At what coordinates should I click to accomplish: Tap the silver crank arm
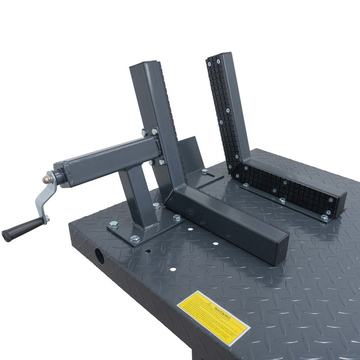point(45,198)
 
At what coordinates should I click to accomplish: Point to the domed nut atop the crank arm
point(47,178)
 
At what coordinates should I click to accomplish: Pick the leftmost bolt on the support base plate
point(114,224)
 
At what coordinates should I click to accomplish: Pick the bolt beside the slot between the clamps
point(205,171)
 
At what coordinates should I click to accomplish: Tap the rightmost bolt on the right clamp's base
point(324,218)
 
